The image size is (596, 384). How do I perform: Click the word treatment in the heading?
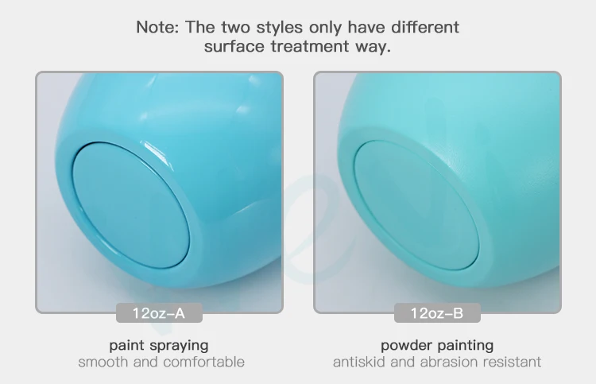point(310,46)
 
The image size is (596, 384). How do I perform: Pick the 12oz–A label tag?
point(159,313)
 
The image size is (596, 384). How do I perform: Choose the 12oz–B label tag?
point(437,313)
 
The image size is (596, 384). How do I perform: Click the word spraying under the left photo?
point(179,346)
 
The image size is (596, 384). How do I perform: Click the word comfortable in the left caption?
point(203,362)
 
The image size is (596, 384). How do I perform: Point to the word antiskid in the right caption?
point(359,362)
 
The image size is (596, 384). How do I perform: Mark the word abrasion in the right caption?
point(449,362)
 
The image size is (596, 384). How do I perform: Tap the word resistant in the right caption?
point(512,362)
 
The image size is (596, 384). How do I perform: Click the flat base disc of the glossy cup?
point(131,205)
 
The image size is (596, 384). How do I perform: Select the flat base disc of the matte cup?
point(416,205)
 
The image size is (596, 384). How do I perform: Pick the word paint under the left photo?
point(127,346)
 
